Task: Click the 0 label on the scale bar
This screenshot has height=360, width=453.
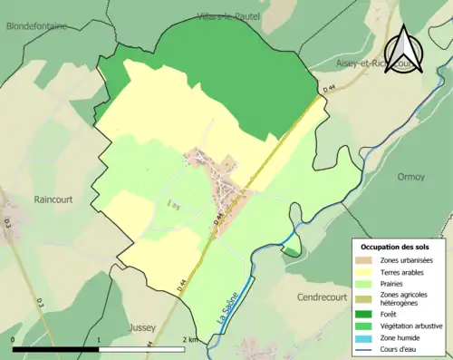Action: pos(13,340)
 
